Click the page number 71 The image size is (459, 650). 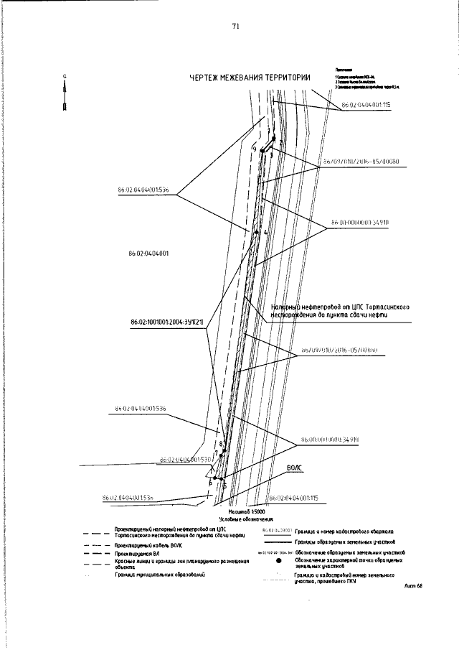pos(235,27)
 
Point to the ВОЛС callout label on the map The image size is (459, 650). pos(295,466)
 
